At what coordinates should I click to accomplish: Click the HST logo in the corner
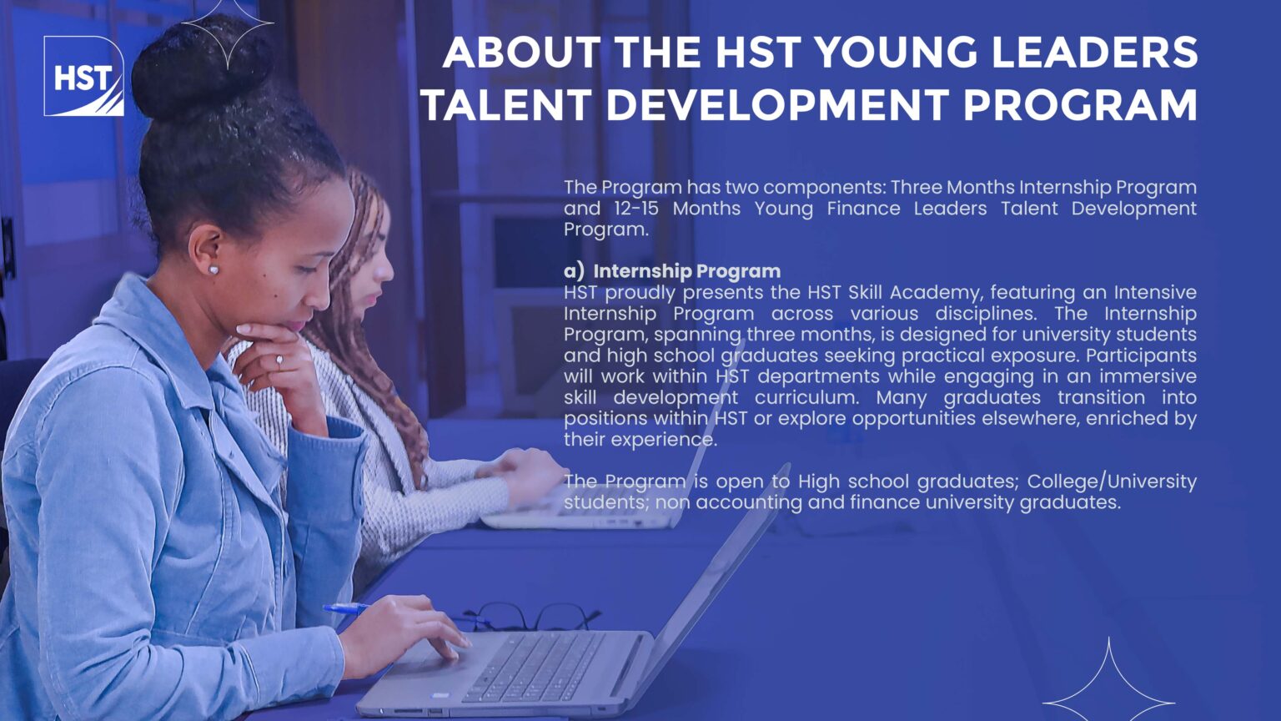tap(83, 76)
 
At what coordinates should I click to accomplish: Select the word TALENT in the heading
tap(506, 104)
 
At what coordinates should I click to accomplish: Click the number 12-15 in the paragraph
tap(636, 209)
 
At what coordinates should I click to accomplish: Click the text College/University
tap(1112, 482)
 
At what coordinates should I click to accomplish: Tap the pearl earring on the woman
tap(213, 269)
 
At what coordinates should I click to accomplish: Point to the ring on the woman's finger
tap(279, 360)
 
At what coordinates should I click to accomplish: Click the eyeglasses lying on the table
tap(532, 617)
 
